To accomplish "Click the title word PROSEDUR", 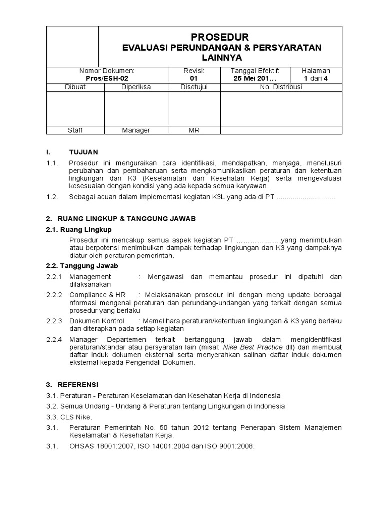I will click(220, 38).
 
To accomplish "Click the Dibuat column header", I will click(75, 87).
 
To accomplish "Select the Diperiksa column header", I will click(136, 87).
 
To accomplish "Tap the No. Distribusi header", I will click(281, 87).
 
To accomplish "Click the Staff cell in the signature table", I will click(75, 130).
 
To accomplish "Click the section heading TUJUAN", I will click(84, 152).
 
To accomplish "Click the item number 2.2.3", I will click(53, 321).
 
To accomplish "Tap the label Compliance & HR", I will click(94, 295).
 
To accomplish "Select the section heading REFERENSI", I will click(77, 385).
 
